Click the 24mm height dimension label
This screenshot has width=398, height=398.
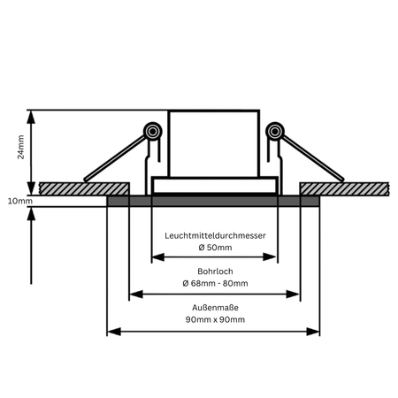[x=20, y=147]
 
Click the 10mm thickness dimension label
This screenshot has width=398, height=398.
[x=20, y=201]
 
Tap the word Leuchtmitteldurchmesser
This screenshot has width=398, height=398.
[x=215, y=235]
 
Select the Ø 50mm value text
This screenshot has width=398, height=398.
[x=215, y=248]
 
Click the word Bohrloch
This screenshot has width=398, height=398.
[x=215, y=272]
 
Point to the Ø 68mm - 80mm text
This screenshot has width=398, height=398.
[x=215, y=283]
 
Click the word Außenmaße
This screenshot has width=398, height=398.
[x=215, y=308]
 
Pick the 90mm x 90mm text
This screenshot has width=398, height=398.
[x=215, y=319]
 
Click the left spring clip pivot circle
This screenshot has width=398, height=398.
[x=153, y=131]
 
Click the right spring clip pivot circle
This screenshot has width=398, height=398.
[x=275, y=131]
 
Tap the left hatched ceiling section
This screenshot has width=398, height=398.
[x=84, y=188]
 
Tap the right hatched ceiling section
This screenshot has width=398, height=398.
[x=344, y=188]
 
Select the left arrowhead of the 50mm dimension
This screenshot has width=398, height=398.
[x=158, y=256]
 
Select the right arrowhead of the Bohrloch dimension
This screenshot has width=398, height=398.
[x=293, y=294]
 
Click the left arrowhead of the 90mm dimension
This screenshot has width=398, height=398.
[x=114, y=332]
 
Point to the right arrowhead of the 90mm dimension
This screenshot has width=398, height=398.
[x=313, y=332]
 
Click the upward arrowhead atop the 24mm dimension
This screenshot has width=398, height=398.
[x=31, y=117]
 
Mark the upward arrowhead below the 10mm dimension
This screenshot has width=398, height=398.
[x=31, y=214]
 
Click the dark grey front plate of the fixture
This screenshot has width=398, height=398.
[x=213, y=201]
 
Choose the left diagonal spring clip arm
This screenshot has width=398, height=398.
[x=115, y=158]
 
